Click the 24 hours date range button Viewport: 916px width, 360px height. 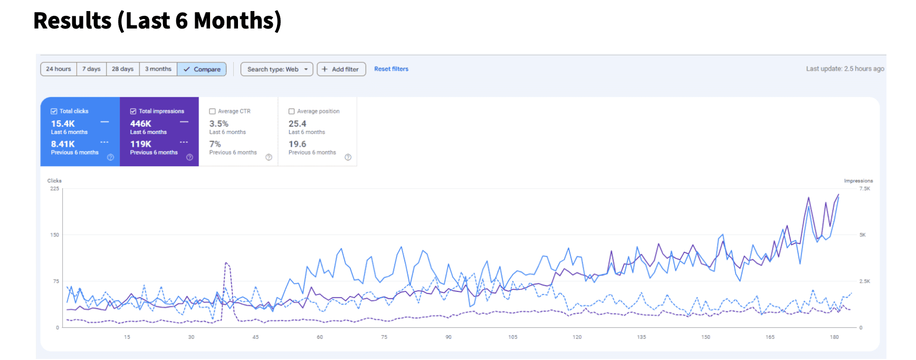pyautogui.click(x=59, y=69)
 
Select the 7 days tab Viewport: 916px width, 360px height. pyautogui.click(x=91, y=69)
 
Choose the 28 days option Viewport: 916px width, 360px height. pyautogui.click(x=122, y=69)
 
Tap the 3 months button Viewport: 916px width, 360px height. pyautogui.click(x=158, y=69)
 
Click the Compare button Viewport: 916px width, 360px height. pyautogui.click(x=202, y=69)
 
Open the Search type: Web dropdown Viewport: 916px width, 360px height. pyautogui.click(x=276, y=69)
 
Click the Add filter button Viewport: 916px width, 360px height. pyautogui.click(x=341, y=69)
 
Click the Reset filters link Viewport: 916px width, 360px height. pyautogui.click(x=391, y=69)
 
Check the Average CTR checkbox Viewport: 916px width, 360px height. pyautogui.click(x=213, y=111)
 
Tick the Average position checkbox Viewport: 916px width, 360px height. pyautogui.click(x=292, y=111)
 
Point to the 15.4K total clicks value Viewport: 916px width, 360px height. pyautogui.click(x=63, y=124)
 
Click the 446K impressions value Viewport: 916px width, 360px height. pyautogui.click(x=141, y=124)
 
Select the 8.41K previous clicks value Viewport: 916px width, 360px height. pyautogui.click(x=63, y=144)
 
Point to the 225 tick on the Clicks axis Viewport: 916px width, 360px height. pyautogui.click(x=54, y=188)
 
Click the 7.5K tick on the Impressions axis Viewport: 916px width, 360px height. pyautogui.click(x=864, y=188)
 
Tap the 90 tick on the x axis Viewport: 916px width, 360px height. pyautogui.click(x=449, y=337)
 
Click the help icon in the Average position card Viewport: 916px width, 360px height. pyautogui.click(x=348, y=157)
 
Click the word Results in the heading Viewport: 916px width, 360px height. pyautogui.click(x=72, y=21)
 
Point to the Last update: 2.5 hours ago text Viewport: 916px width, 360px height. pyautogui.click(x=845, y=69)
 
